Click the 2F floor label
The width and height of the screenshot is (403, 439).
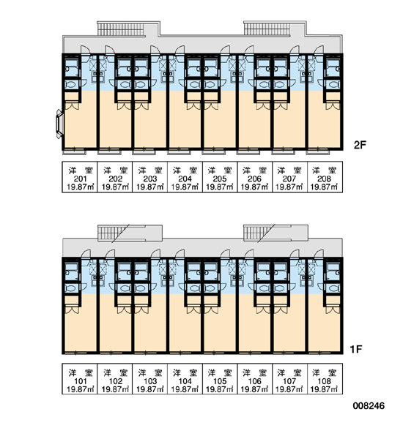360,145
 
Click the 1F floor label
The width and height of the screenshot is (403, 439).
355,349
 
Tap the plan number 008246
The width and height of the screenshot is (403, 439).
369,405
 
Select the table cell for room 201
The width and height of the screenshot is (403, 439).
80,176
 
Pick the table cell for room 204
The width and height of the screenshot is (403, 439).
185,176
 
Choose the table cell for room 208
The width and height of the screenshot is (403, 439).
325,176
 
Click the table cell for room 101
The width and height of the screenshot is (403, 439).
80,379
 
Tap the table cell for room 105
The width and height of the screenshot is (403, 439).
220,379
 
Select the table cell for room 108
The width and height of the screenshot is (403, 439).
325,379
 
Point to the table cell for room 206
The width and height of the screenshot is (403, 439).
255,176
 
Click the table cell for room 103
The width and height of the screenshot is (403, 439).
150,379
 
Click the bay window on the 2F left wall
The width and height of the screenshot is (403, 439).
59,124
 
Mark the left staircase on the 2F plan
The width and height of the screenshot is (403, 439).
121,29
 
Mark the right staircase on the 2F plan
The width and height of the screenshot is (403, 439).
267,29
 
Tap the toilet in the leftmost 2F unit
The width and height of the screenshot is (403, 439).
71,84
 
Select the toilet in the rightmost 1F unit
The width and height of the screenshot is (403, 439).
333,288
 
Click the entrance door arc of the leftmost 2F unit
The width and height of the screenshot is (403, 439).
86,49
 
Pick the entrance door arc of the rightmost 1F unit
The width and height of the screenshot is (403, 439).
319,253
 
